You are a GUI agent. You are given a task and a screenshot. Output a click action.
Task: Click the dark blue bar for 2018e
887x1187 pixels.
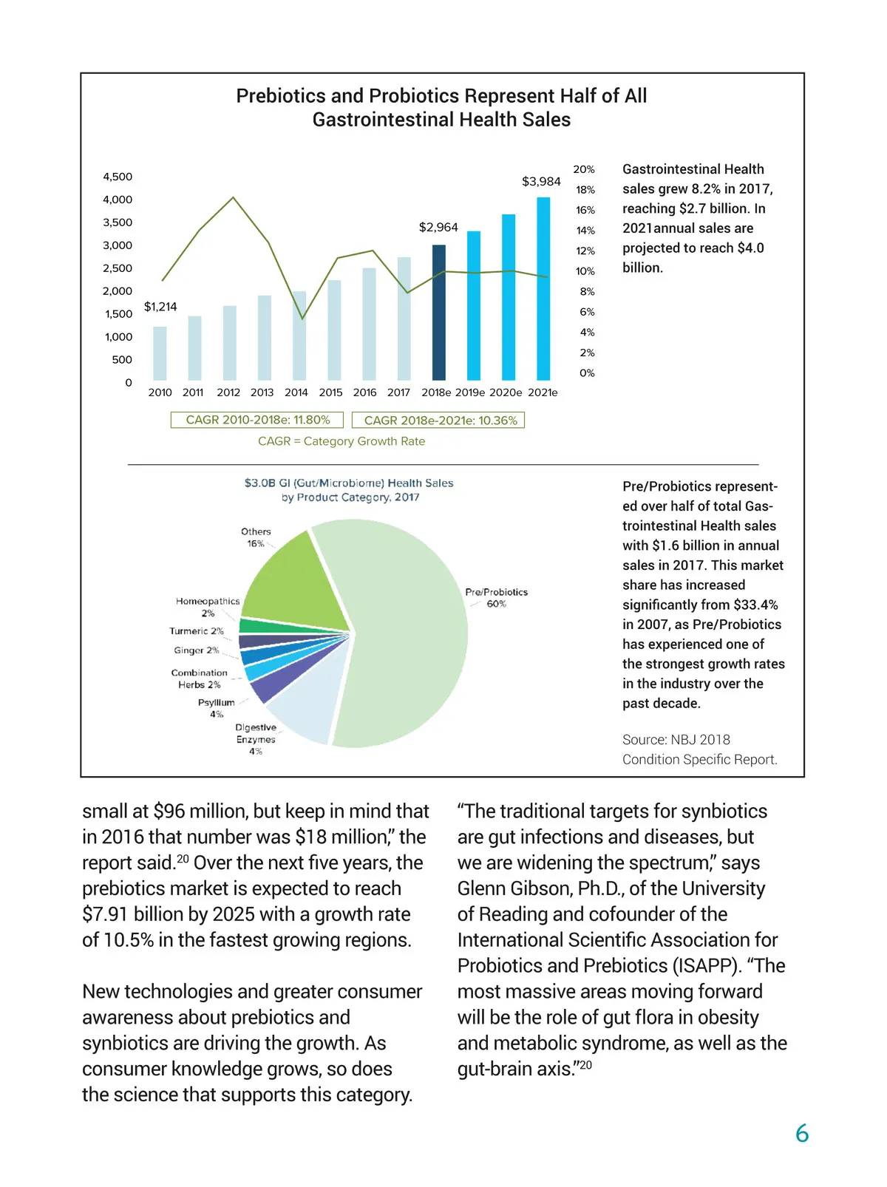click(438, 313)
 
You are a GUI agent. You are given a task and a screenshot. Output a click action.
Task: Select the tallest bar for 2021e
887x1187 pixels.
click(543, 289)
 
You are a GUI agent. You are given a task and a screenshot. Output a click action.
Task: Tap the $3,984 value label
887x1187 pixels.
click(541, 181)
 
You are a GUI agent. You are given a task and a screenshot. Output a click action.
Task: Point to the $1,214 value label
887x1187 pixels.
click(160, 307)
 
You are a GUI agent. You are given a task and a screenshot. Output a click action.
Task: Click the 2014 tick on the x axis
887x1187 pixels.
click(296, 392)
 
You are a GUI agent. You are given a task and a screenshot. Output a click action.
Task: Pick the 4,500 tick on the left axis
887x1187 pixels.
click(118, 177)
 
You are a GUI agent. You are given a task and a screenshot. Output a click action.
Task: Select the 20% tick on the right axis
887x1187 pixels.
click(584, 169)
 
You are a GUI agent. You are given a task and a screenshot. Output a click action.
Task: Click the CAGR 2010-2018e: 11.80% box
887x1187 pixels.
click(257, 420)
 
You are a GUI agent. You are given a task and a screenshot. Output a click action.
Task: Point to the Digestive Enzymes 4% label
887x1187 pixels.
click(256, 739)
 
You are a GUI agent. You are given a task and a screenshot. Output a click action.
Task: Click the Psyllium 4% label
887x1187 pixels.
click(216, 708)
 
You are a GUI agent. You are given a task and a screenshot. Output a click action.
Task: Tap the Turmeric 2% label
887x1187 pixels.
click(196, 631)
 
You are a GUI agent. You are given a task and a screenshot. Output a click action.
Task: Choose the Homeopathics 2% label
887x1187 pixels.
click(208, 607)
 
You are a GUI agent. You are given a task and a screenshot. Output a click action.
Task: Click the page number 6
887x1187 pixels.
click(802, 1133)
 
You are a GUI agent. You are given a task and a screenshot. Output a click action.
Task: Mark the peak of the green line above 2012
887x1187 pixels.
click(234, 197)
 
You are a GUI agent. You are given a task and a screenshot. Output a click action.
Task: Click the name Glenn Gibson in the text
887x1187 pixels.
click(514, 888)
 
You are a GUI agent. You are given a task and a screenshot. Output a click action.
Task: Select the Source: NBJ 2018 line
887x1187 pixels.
click(676, 740)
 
